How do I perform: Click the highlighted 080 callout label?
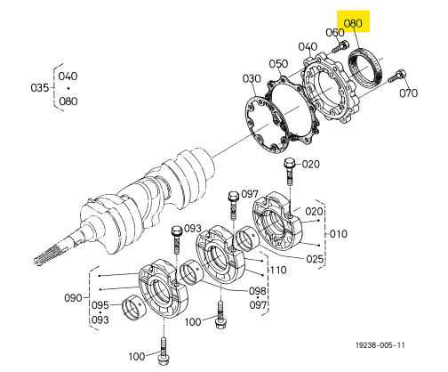[353, 23]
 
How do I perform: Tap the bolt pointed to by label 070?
[397, 76]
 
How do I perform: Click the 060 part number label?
[335, 32]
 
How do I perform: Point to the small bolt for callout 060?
[340, 46]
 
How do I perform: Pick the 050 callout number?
[278, 63]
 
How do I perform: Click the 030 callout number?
[252, 78]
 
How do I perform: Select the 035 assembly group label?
[39, 88]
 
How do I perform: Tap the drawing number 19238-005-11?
[380, 345]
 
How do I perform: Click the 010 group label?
[339, 234]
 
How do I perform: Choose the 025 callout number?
[315, 259]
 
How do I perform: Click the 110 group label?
[278, 270]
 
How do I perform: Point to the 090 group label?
[73, 297]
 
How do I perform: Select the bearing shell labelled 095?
[133, 308]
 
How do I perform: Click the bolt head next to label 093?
[177, 230]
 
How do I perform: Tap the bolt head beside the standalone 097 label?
[233, 196]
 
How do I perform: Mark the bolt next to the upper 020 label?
[290, 171]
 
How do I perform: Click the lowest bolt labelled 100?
[163, 352]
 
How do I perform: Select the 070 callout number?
[408, 93]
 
